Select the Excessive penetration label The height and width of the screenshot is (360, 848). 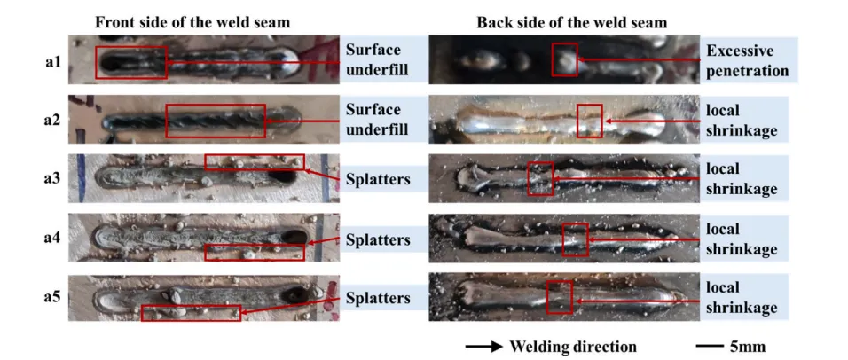coord(747,60)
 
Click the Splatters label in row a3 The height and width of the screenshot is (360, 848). coord(378,180)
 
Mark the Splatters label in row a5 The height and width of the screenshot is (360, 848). coord(378,298)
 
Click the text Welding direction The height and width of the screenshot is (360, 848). coord(572,346)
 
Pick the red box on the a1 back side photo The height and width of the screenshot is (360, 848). coord(564,59)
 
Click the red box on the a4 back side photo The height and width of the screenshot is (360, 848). coord(575,239)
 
